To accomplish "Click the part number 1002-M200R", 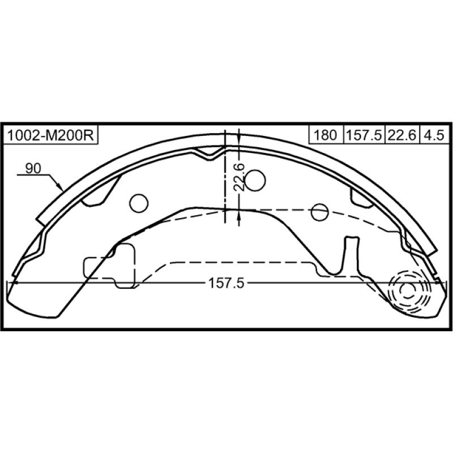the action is click(50, 135).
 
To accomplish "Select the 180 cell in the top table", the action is click(326, 135).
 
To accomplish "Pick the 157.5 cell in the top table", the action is click(364, 135).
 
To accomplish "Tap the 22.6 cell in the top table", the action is click(402, 135).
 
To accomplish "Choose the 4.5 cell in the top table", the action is click(434, 135).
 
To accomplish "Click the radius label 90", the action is click(33, 168).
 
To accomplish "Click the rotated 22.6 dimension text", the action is click(239, 177).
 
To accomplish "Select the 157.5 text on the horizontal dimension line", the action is click(226, 283).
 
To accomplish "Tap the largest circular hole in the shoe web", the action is click(255, 181).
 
